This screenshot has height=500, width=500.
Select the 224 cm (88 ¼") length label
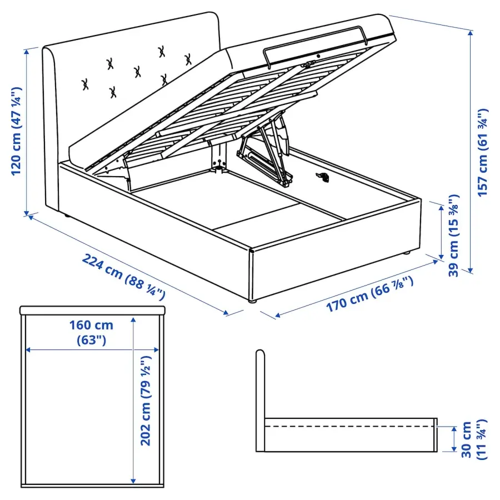coord(124,275)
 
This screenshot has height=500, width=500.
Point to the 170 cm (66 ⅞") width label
coord(369,294)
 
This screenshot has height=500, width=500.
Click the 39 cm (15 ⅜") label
coord(454,234)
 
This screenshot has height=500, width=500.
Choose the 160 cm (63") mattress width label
coord(92,332)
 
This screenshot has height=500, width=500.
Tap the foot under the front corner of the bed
coord(253,301)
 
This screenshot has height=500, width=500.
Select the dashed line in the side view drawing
coord(350,426)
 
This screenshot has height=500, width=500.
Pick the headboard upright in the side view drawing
coord(260,400)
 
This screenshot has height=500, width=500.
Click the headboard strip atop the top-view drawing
coord(92,309)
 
